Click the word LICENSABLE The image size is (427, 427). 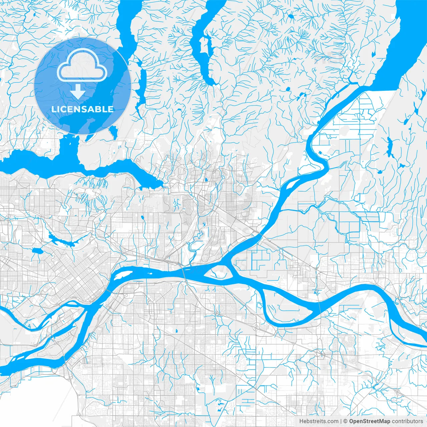(82, 109)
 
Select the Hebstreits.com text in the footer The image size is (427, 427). (319, 421)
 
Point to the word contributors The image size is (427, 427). (407, 421)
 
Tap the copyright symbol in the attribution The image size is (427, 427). (346, 421)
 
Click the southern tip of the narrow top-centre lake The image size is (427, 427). (211, 81)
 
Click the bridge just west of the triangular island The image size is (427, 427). (184, 272)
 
